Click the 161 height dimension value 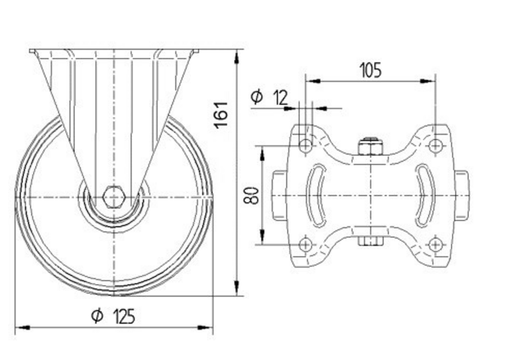(221, 115)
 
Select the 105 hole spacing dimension (370, 70)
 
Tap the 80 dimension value (251, 195)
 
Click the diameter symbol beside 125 (97, 316)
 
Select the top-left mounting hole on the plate (305, 146)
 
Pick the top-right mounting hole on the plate (435, 146)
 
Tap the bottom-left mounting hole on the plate (305, 245)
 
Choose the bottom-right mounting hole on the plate (435, 245)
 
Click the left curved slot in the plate (318, 195)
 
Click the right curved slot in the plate (424, 195)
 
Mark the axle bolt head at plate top (370, 147)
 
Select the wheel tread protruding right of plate (461, 195)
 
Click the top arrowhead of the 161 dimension (237, 56)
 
